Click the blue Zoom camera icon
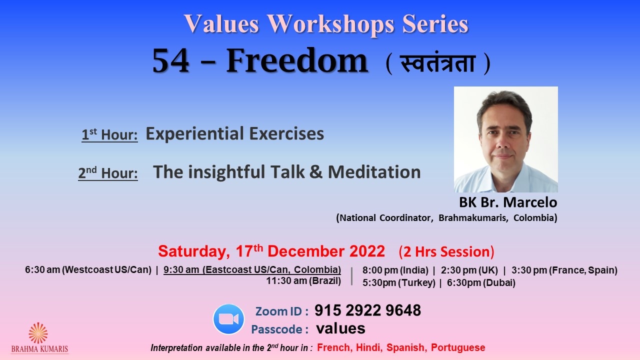(x=228, y=319)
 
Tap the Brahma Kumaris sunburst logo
(x=38, y=333)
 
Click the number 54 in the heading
(x=170, y=61)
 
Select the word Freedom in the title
(x=297, y=60)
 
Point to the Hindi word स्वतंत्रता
(x=437, y=63)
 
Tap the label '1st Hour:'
(x=109, y=134)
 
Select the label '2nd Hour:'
(x=108, y=173)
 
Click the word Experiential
(x=195, y=133)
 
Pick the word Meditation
(x=374, y=172)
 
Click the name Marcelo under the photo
(x=530, y=202)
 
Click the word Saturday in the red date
(x=194, y=251)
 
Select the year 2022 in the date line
(x=367, y=251)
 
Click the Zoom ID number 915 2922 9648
(x=367, y=310)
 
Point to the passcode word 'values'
(x=340, y=328)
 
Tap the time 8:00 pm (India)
(x=395, y=270)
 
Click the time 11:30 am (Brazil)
(x=303, y=281)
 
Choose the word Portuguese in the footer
(x=458, y=347)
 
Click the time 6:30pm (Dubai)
(x=481, y=283)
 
